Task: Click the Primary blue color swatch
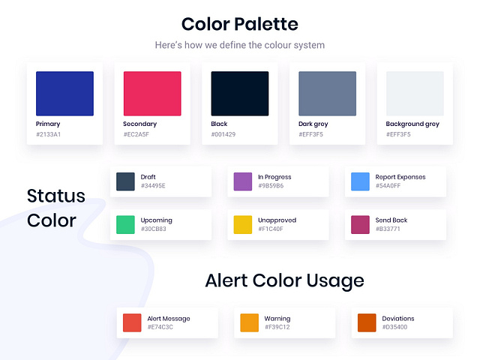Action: coord(64,94)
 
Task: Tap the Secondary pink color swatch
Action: coord(152,94)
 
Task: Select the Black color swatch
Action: coord(240,94)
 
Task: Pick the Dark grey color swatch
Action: coord(327,94)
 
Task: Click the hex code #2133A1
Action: coord(49,135)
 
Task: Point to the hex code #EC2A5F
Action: coord(136,135)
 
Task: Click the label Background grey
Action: coord(412,124)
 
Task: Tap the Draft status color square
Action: coord(125,181)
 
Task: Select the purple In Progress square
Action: coord(243,181)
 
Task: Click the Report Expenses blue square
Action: coord(361,181)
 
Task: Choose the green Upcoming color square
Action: coord(125,224)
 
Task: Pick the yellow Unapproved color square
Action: coord(243,224)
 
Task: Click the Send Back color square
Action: coord(361,224)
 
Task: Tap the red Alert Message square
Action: coord(132,322)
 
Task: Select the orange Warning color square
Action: coord(250,322)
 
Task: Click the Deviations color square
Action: coord(367,322)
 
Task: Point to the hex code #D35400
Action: coord(394,327)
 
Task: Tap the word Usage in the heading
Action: coord(335,281)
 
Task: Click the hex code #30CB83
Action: coord(154,229)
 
